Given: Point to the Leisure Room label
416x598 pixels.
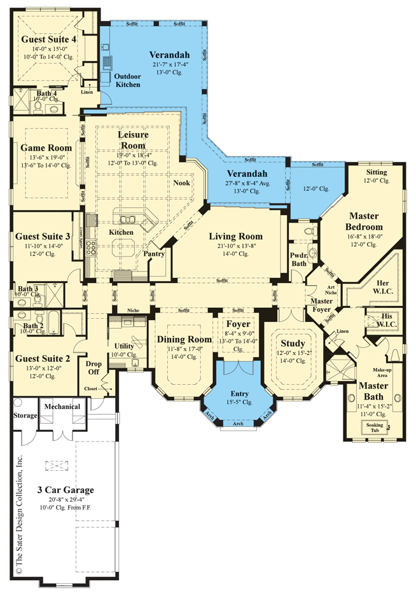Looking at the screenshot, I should click(x=133, y=140).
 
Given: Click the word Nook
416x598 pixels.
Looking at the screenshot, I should click(x=182, y=183).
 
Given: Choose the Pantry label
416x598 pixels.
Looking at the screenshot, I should click(x=155, y=254).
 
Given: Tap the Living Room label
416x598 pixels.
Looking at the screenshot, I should click(x=236, y=237).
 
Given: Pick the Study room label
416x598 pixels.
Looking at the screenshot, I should click(x=293, y=344).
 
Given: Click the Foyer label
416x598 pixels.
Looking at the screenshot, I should click(x=239, y=324).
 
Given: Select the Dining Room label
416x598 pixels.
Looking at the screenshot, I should click(x=184, y=339).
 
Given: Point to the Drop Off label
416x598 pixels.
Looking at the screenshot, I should click(x=94, y=368).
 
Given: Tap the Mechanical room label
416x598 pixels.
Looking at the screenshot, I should click(x=62, y=407).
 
